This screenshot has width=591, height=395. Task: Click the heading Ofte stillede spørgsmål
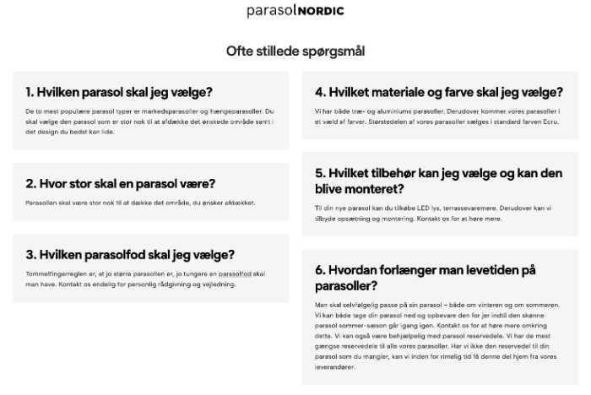point(295,51)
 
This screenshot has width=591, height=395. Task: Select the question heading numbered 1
point(118,92)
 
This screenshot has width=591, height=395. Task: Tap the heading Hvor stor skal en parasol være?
point(121,183)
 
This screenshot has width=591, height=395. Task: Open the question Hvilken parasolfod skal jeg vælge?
point(130,254)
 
